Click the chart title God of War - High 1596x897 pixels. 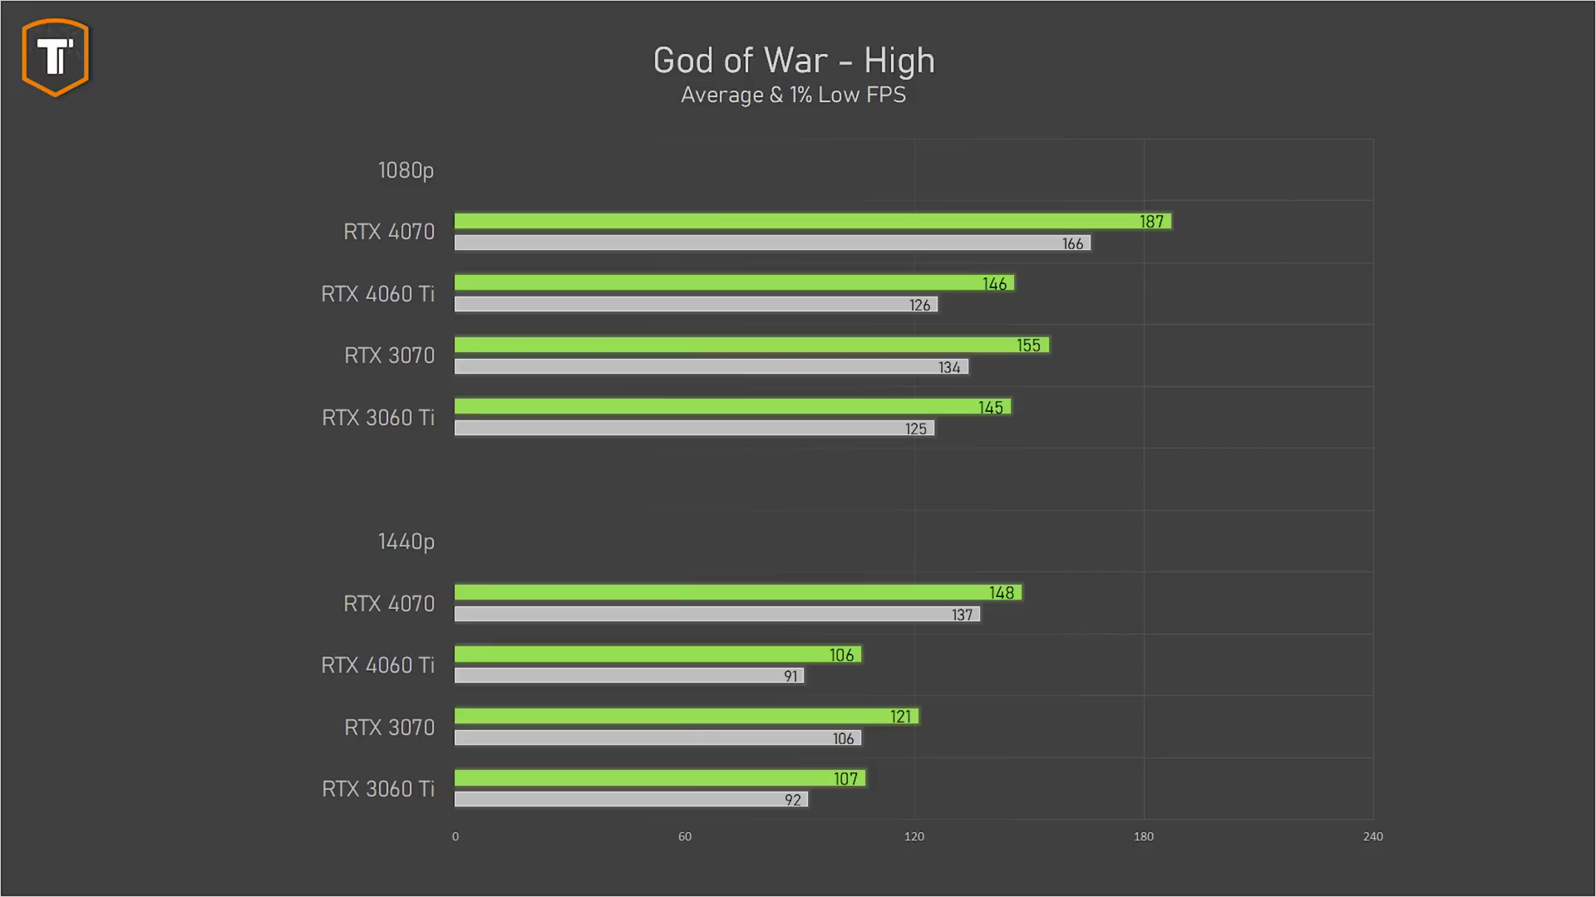point(794,61)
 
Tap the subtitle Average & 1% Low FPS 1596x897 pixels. point(793,95)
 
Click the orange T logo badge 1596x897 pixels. point(56,56)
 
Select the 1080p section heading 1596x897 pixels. point(406,170)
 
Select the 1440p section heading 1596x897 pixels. point(406,542)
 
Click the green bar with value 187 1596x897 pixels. point(812,221)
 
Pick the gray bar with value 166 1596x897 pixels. point(772,243)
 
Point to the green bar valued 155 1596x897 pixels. point(751,345)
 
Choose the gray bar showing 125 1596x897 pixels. point(694,429)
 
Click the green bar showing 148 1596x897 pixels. point(737,592)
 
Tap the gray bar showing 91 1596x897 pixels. point(628,676)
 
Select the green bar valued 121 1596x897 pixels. point(687,716)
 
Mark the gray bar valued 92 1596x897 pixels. point(631,800)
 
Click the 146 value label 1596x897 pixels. point(994,284)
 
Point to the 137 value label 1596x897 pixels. point(962,615)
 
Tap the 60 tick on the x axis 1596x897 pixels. point(684,836)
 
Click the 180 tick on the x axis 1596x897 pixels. point(1144,836)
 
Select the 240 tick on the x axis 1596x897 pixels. point(1373,836)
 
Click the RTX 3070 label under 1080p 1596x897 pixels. point(389,355)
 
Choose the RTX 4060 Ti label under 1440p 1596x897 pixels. point(377,665)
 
